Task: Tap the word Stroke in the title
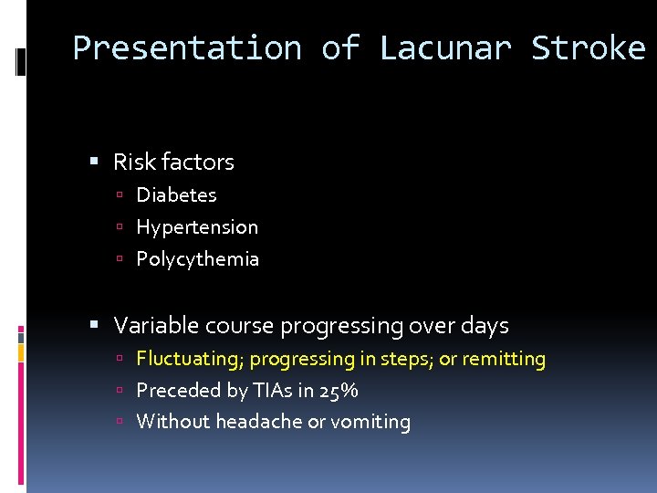click(x=589, y=47)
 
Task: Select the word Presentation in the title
click(x=187, y=47)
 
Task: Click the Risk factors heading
click(x=173, y=163)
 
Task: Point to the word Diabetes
click(x=176, y=195)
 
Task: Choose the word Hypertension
click(x=197, y=227)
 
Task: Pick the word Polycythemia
click(x=197, y=259)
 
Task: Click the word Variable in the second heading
click(x=150, y=326)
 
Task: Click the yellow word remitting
click(x=504, y=360)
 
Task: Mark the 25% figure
click(x=339, y=391)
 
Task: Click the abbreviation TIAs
click(x=267, y=391)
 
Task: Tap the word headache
click(x=267, y=422)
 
